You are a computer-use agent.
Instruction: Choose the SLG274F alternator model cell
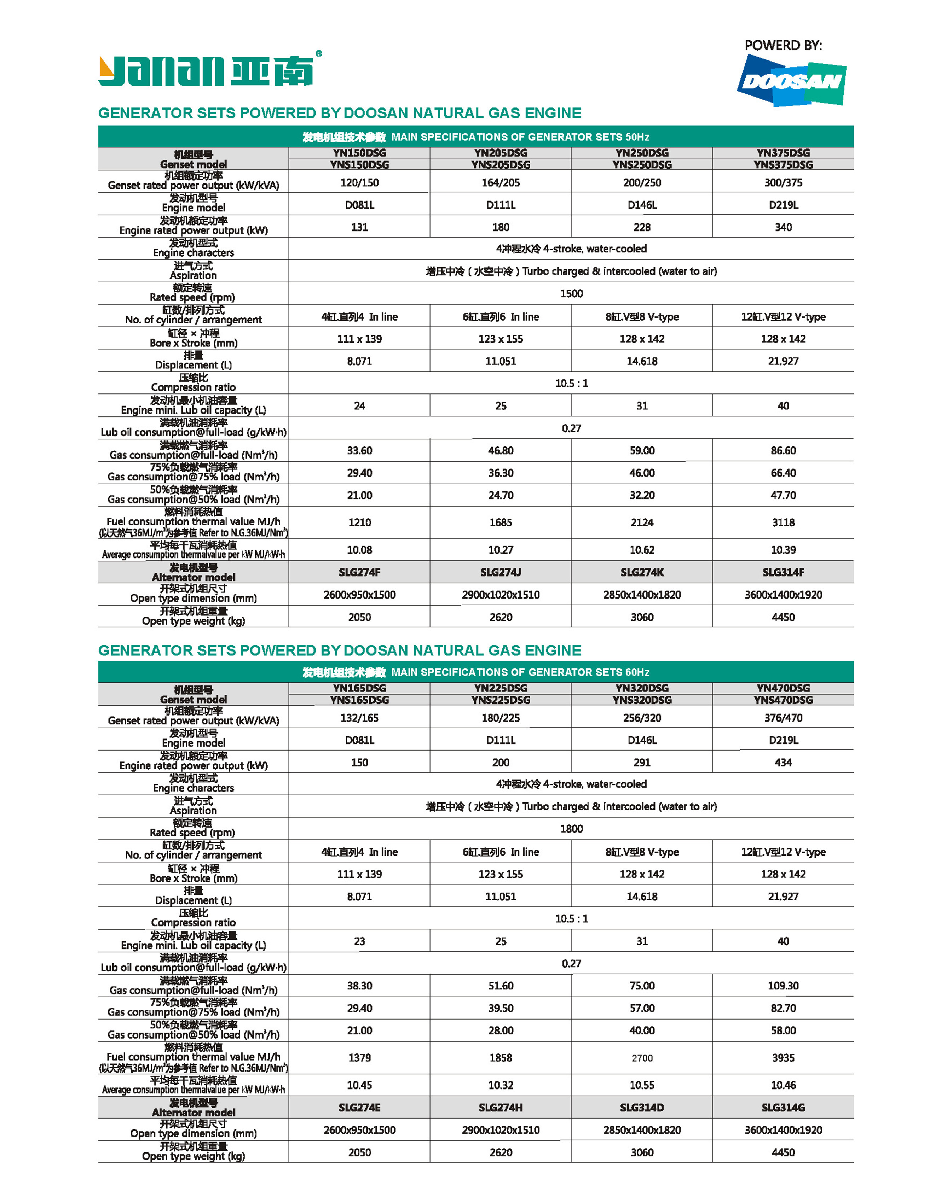click(x=359, y=572)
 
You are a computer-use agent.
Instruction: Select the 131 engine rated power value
click(x=359, y=227)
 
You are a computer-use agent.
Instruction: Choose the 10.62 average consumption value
click(x=642, y=550)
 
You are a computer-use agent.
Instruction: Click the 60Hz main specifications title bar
click(x=476, y=672)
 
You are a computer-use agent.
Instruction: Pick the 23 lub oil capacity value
click(x=359, y=941)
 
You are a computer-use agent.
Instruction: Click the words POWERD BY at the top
click(x=783, y=46)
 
